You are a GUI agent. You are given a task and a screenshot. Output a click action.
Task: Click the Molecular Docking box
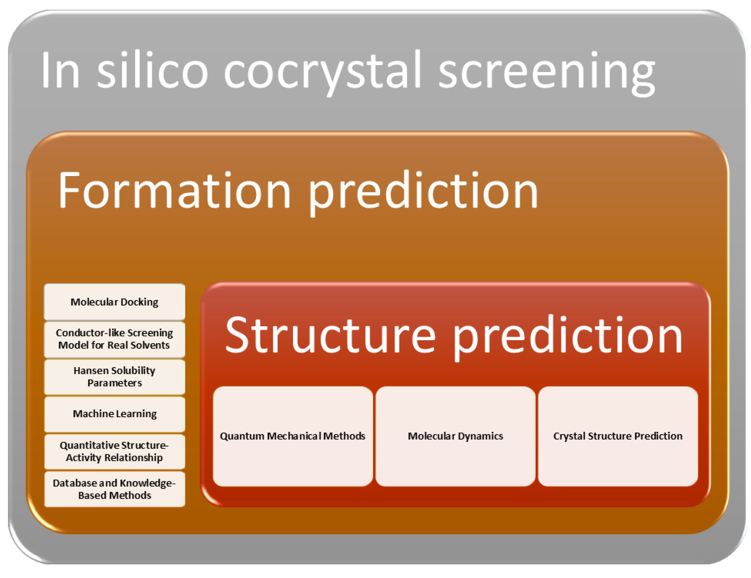(115, 301)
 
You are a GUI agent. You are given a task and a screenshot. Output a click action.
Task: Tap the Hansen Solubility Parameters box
(115, 377)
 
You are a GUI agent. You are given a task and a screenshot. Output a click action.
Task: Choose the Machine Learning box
(115, 414)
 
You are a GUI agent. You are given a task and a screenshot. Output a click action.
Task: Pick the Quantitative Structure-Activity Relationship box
(115, 452)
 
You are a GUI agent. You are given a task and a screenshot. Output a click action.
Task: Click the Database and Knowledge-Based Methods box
(115, 489)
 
